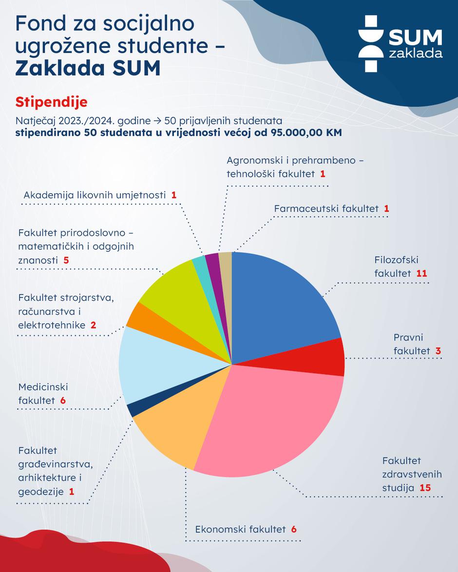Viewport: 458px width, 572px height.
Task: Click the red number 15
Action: pos(425,487)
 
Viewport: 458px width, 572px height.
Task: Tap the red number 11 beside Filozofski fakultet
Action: pos(421,273)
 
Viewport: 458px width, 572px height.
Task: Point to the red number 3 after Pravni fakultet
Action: pos(438,351)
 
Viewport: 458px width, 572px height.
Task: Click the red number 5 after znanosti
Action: pos(66,260)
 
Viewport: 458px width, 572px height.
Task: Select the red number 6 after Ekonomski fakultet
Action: pos(294,529)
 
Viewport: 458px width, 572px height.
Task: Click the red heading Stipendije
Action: pos(51,102)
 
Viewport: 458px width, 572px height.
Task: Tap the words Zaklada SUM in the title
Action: pos(88,68)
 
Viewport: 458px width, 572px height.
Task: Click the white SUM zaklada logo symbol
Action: pos(371,44)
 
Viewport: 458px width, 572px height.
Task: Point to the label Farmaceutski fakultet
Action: pos(326,208)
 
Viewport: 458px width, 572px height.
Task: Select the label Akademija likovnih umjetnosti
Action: pos(95,195)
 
